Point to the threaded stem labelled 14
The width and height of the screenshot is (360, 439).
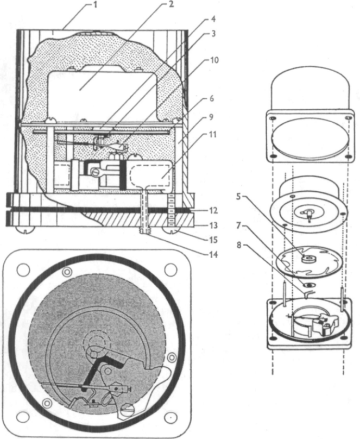coord(144,212)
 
